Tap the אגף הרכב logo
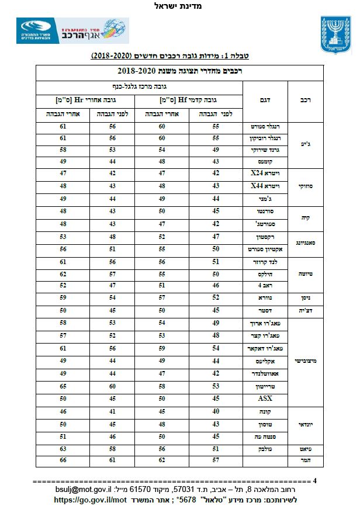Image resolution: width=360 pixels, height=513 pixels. coord(72,30)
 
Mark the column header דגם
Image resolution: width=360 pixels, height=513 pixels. coord(265,100)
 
